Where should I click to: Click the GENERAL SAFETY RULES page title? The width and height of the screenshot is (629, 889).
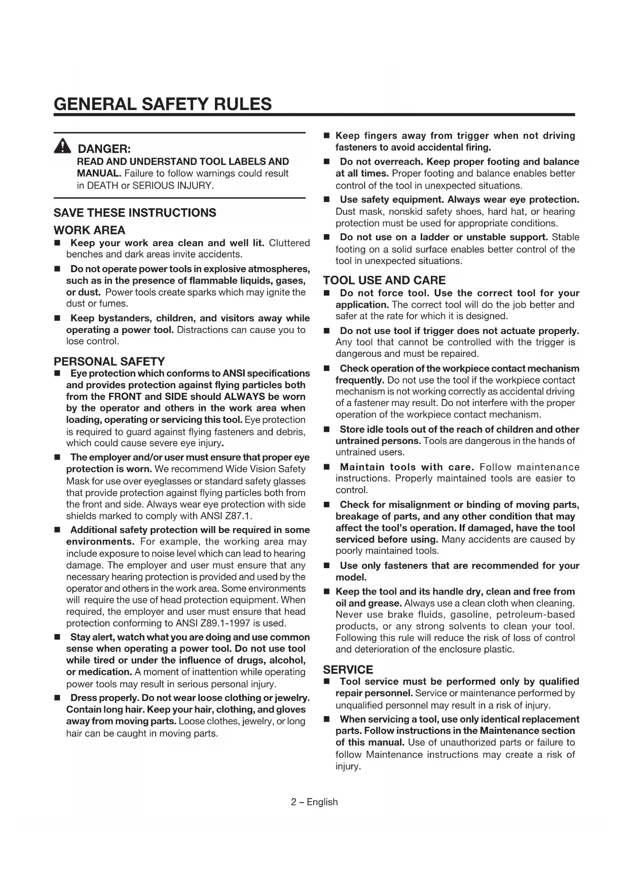pos(163,104)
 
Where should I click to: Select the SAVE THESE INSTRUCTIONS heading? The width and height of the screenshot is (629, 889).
pos(135,213)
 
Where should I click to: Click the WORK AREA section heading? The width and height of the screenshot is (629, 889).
pos(89,230)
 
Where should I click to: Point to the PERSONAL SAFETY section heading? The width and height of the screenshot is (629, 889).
pos(109,361)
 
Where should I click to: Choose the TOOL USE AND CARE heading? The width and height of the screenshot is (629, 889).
pos(384,280)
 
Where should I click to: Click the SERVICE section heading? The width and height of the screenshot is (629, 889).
pos(348,670)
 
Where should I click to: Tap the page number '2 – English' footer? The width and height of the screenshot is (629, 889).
pos(314,802)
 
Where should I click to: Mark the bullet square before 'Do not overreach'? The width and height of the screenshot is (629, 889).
pos(327,162)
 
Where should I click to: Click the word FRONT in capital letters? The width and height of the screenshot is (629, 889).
pos(125,396)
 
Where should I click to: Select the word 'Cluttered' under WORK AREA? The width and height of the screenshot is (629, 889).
pos(289,243)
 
